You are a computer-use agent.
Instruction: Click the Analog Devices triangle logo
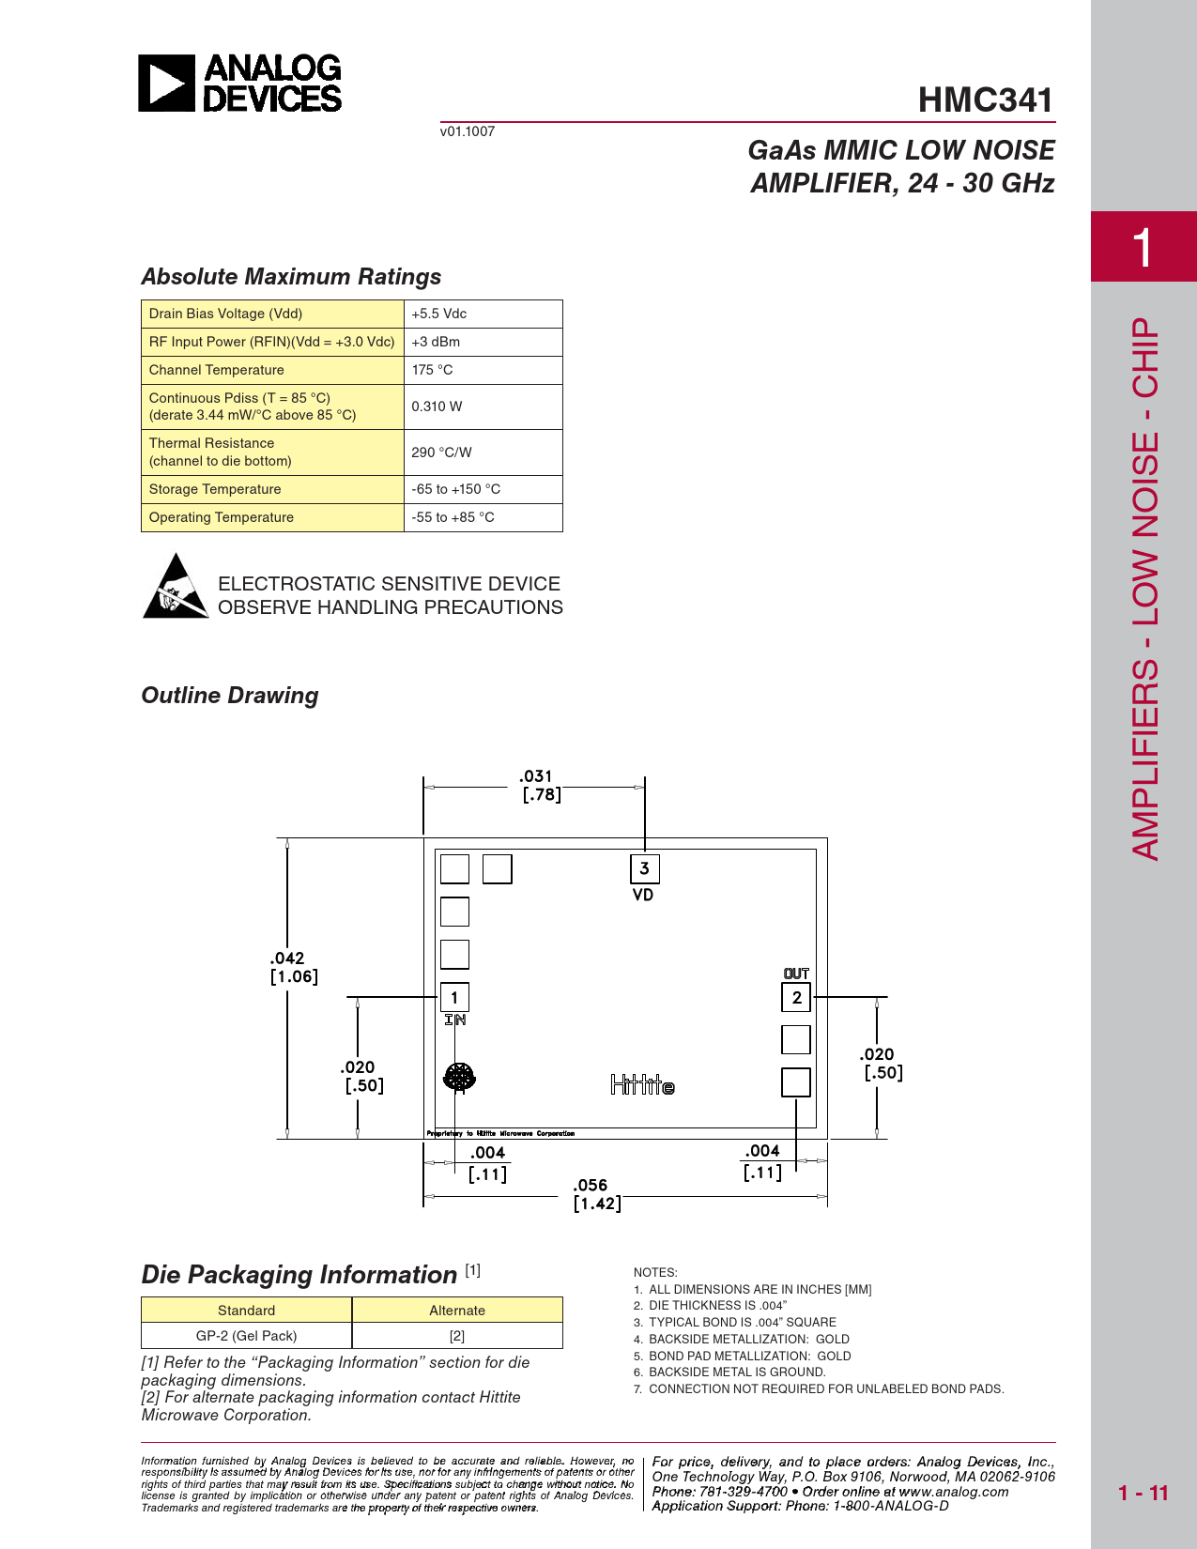pyautogui.click(x=167, y=84)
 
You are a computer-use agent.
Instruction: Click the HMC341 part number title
pyautogui.click(x=985, y=100)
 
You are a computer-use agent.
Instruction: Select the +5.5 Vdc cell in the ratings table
pyautogui.click(x=438, y=314)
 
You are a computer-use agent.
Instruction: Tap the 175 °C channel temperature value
pyautogui.click(x=432, y=370)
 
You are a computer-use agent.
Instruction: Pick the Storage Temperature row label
pyautogui.click(x=215, y=489)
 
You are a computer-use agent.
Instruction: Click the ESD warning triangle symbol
pyautogui.click(x=176, y=588)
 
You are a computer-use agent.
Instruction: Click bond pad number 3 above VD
pyautogui.click(x=644, y=868)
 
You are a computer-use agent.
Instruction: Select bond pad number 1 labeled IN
pyautogui.click(x=454, y=997)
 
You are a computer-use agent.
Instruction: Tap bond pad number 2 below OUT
pyautogui.click(x=796, y=997)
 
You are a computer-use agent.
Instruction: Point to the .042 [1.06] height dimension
pyautogui.click(x=292, y=967)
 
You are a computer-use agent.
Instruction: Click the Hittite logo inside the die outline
pyautogui.click(x=642, y=1085)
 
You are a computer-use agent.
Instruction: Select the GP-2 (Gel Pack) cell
pyautogui.click(x=246, y=1336)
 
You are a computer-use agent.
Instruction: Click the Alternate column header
pyautogui.click(x=457, y=1311)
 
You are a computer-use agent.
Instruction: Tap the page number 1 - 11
pyautogui.click(x=1143, y=1493)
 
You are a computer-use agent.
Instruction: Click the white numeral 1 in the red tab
pyautogui.click(x=1142, y=248)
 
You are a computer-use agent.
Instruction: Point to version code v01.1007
pyautogui.click(x=468, y=131)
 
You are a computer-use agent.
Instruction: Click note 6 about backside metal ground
pyautogui.click(x=736, y=1373)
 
